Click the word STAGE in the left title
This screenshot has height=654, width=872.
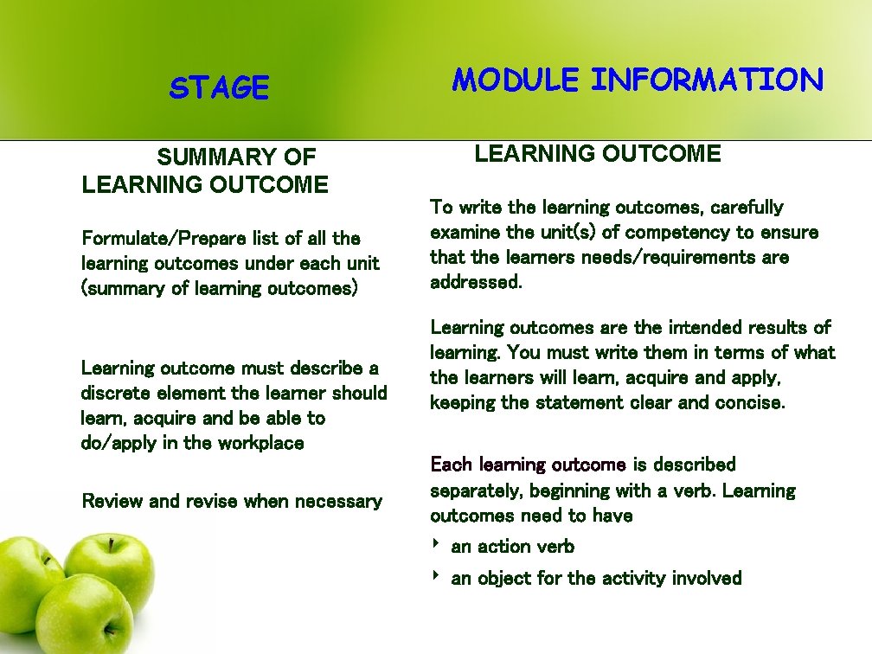pyautogui.click(x=220, y=88)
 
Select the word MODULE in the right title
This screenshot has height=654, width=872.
pyautogui.click(x=516, y=80)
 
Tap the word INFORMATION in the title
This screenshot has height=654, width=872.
pyautogui.click(x=707, y=80)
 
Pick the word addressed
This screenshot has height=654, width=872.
pyautogui.click(x=476, y=283)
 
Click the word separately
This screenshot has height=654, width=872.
pyautogui.click(x=477, y=491)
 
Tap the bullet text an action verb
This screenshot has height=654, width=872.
pyautogui.click(x=512, y=547)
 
